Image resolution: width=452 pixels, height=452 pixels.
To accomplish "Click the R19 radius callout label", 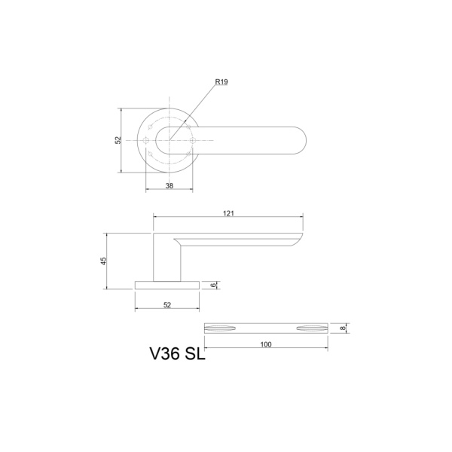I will [x=221, y=81].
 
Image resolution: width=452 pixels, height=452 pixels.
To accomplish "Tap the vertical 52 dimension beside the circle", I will [x=118, y=141].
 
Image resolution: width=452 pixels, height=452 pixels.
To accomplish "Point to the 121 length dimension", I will [x=229, y=214].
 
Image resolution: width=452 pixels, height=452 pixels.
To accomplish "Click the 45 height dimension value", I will [x=104, y=261].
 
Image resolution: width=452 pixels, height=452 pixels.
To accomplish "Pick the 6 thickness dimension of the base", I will [x=215, y=285].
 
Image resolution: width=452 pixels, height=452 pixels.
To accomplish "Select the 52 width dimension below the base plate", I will [x=167, y=304].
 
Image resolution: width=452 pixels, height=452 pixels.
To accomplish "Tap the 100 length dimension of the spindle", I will [x=265, y=344].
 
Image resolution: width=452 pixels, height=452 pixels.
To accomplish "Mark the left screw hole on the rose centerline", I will [x=145, y=141].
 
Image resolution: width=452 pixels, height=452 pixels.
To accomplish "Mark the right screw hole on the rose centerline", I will [x=193, y=141].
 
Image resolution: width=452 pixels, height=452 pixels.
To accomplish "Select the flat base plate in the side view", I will [x=167, y=285].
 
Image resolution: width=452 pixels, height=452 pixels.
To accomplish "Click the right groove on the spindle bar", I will [x=312, y=328].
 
